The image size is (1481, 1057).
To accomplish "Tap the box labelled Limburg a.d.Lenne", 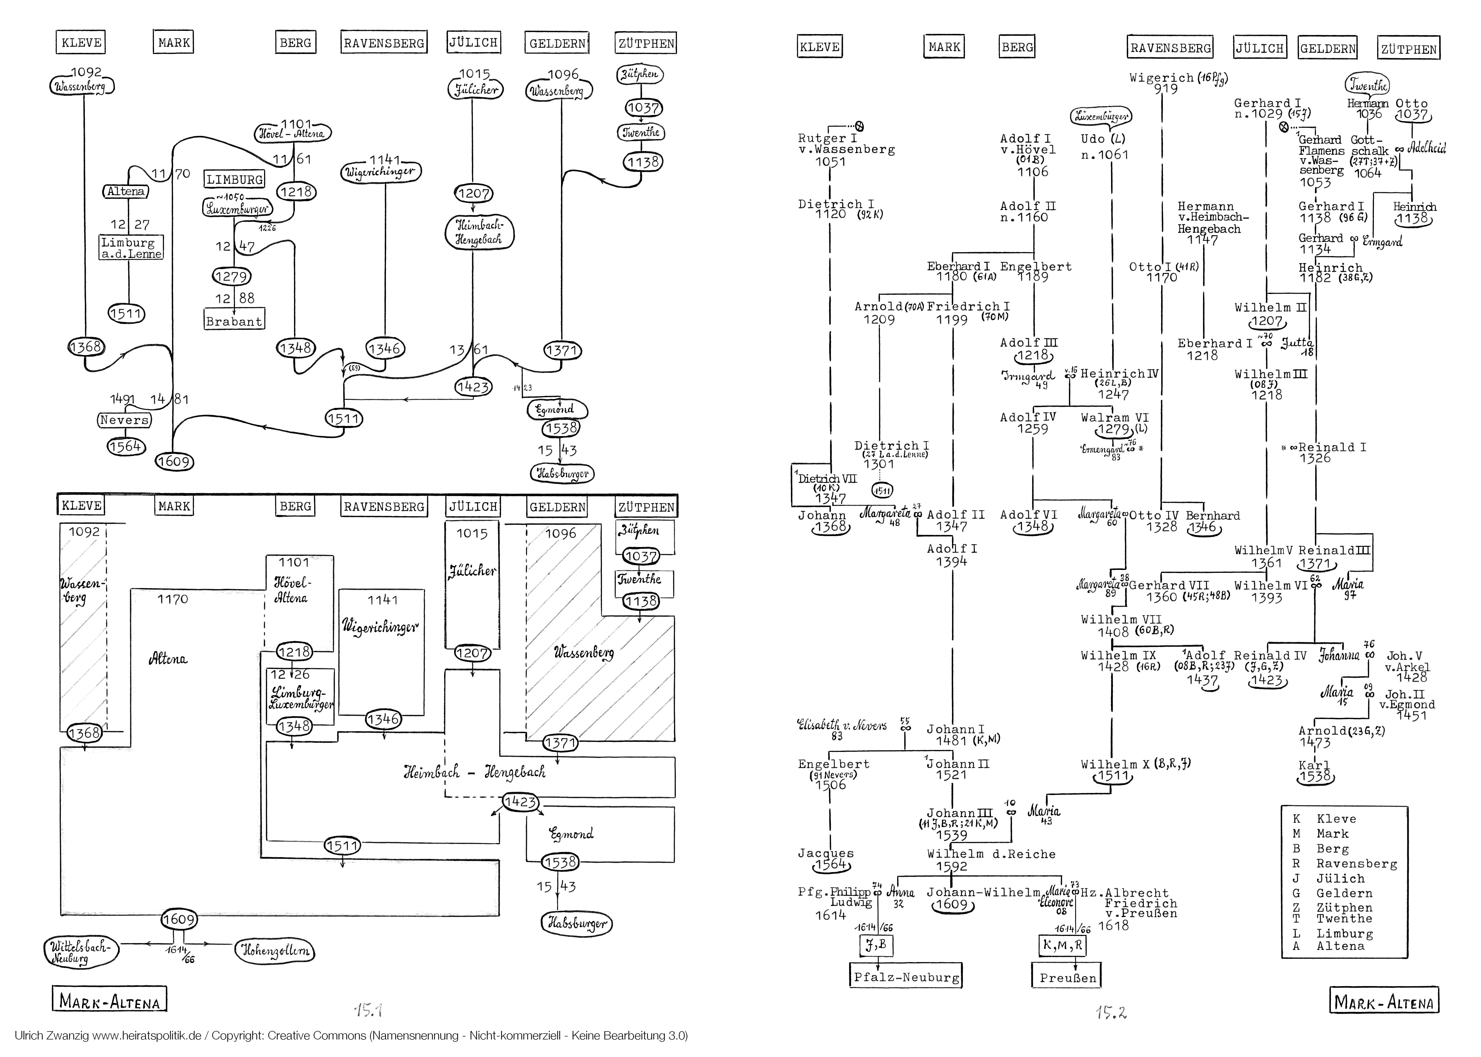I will tap(131, 248).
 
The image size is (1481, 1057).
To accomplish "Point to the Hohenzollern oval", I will tap(275, 951).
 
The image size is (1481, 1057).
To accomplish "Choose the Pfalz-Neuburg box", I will tap(906, 977).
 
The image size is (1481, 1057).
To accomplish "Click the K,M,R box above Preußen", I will tap(1062, 945).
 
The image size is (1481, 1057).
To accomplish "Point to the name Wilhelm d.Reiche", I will tap(991, 854).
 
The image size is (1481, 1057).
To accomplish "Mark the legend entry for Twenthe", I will tap(1344, 918).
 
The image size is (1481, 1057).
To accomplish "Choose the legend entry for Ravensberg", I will tap(1356, 864).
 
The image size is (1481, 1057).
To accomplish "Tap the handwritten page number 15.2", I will tap(1111, 1012).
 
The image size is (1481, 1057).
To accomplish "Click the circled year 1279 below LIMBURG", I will tap(231, 276).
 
